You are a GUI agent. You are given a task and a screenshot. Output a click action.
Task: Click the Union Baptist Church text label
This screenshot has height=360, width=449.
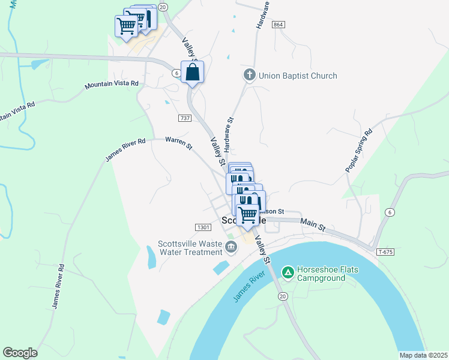point(298,76)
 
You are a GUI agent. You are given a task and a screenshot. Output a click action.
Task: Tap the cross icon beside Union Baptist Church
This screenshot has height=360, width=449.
point(250,76)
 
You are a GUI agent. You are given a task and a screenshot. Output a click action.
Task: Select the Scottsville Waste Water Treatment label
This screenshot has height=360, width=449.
point(190,248)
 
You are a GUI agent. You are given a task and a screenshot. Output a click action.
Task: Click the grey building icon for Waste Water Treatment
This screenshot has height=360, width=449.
point(231,247)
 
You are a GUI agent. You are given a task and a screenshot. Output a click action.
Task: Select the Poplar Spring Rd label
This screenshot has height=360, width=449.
point(359,151)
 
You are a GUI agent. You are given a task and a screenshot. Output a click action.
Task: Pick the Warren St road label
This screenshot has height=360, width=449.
point(179,143)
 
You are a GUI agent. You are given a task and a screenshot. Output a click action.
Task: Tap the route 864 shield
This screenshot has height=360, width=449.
point(277,25)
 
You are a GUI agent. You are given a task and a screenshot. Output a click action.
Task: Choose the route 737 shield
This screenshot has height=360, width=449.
point(185,118)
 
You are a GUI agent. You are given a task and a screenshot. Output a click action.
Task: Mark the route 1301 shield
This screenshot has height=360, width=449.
point(203,227)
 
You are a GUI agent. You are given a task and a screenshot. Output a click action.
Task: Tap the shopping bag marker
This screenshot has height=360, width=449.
point(193,73)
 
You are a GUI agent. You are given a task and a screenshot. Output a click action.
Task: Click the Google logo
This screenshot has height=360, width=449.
point(20,353)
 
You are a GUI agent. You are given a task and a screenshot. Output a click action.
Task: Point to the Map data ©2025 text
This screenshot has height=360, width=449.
point(423,355)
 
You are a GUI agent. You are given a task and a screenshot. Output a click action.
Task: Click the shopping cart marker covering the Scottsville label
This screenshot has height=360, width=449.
point(248,215)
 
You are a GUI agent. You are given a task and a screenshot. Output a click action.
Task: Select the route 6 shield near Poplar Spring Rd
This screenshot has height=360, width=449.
point(390,212)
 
